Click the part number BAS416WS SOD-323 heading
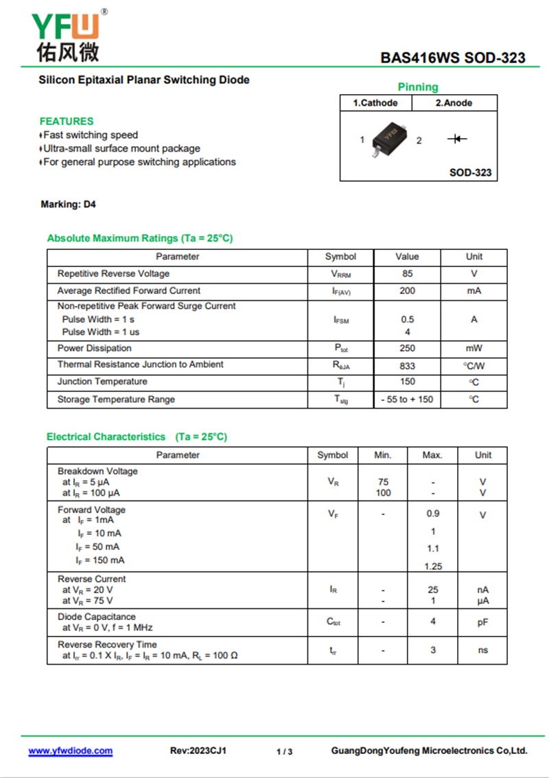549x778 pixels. pos(453,58)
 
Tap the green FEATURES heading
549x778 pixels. pos(67,121)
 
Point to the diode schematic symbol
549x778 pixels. pos(457,139)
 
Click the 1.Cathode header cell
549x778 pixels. pos(375,103)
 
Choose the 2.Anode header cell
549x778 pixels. pos(454,103)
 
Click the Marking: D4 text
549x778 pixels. pos(68,205)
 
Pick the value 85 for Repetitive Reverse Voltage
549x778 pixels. pos(407,273)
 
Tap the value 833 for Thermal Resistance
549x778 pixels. pos(407,366)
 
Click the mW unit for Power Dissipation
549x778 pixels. pos(474,348)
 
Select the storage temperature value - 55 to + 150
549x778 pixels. pos(407,400)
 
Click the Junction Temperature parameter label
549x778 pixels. pos(102,382)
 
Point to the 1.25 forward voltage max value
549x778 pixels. pos(433,567)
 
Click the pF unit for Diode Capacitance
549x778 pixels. pos(483,622)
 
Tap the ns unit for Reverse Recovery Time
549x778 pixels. pos(483,650)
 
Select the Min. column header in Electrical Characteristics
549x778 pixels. pos(383,455)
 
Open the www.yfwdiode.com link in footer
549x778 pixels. pos(70,751)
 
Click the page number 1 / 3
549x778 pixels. pos(284,752)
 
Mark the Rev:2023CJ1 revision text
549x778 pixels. pos(198,751)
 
